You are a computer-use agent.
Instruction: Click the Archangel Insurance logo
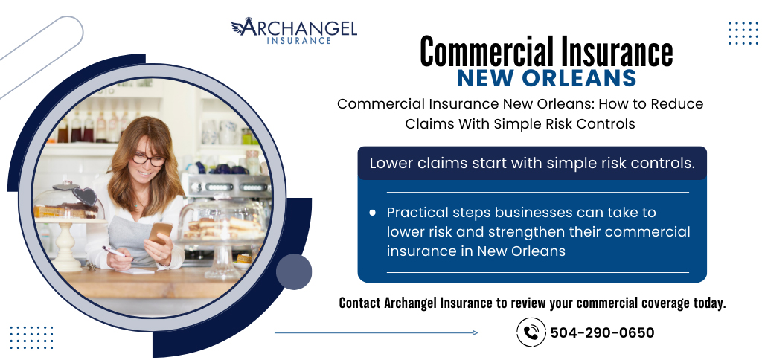(x=293, y=30)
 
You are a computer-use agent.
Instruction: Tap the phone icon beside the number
(x=531, y=332)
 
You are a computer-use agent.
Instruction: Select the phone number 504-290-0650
(x=602, y=332)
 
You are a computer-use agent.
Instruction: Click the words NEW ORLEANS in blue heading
(x=547, y=78)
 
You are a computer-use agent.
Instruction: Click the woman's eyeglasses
(x=148, y=159)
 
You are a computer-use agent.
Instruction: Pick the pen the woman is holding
(x=113, y=251)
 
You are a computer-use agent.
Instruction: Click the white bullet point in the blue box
(x=373, y=212)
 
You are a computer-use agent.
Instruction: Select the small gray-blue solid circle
(x=294, y=271)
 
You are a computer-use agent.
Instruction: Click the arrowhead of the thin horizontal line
(x=475, y=332)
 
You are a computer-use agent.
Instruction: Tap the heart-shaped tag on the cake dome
(x=85, y=196)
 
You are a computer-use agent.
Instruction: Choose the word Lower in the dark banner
(x=391, y=163)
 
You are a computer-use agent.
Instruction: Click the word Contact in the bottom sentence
(x=360, y=303)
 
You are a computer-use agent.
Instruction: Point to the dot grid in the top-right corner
(x=743, y=33)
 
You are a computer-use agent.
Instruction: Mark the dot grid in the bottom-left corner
(x=31, y=337)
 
